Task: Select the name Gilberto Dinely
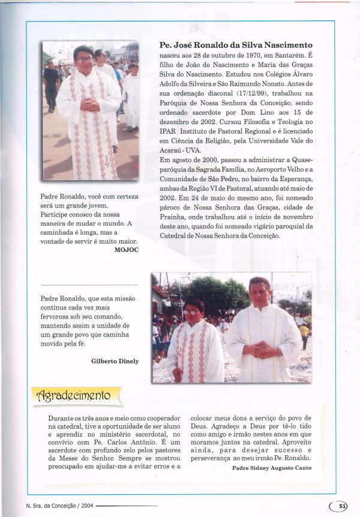pos(115,361)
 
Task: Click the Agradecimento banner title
pos(74,395)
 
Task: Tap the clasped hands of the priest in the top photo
pos(90,103)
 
